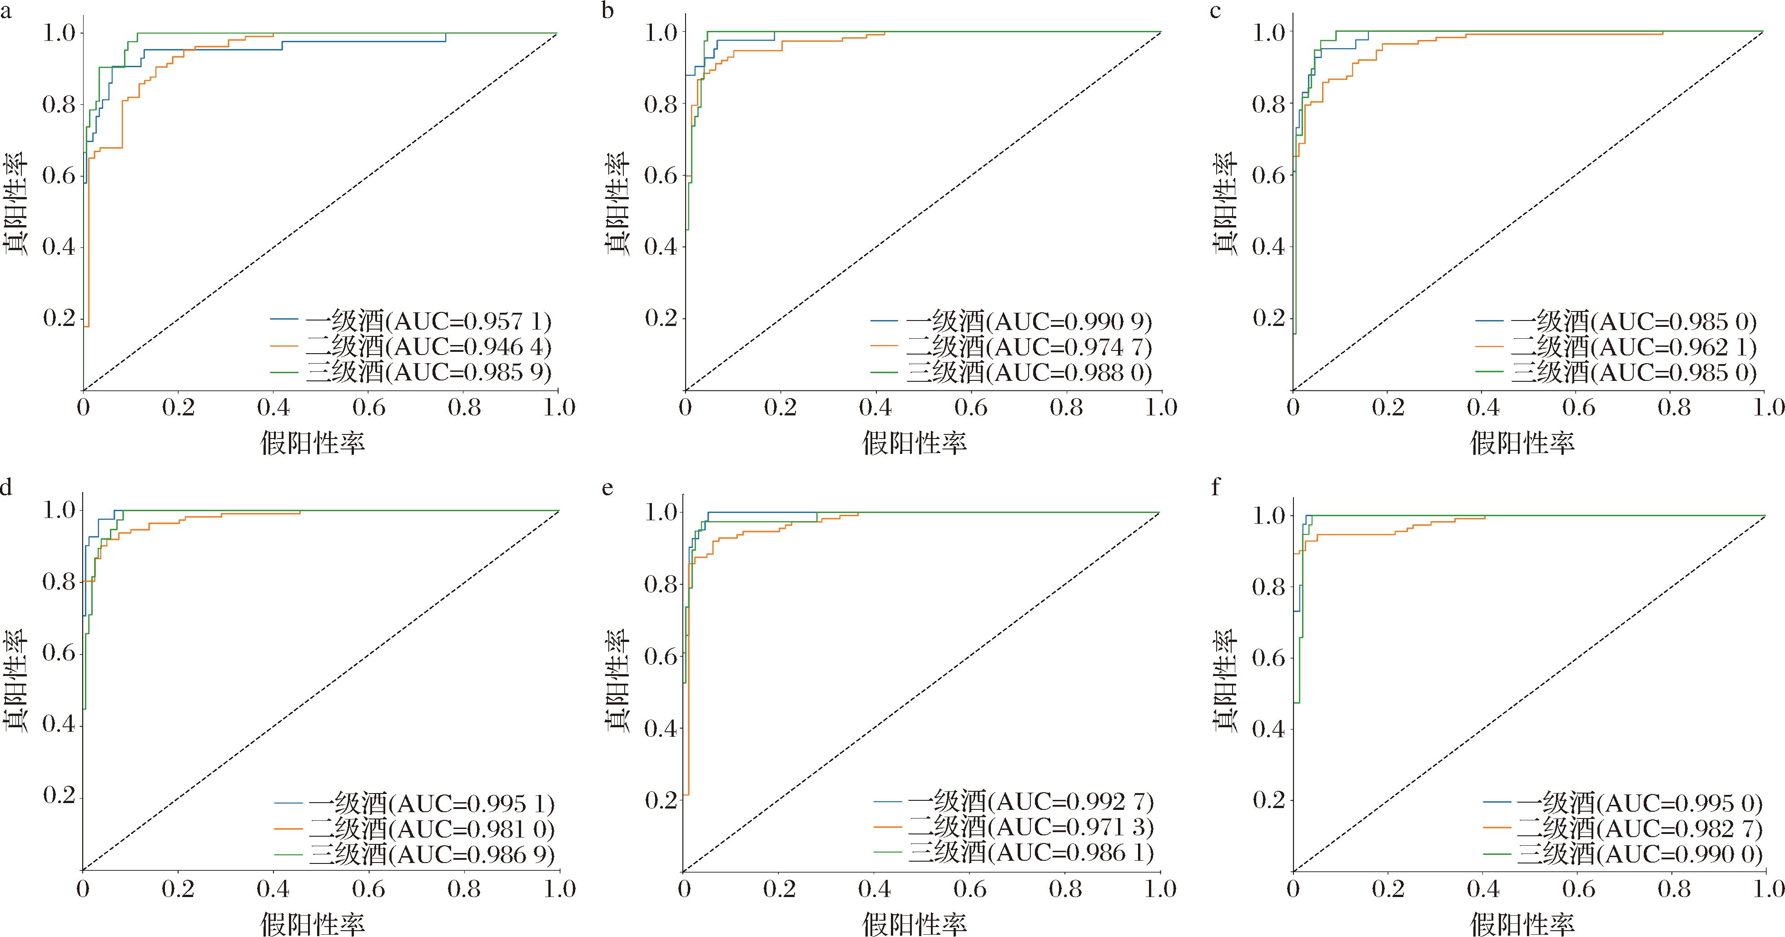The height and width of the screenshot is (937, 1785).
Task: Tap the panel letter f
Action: coord(1215,488)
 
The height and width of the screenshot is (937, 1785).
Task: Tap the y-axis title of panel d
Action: coord(15,681)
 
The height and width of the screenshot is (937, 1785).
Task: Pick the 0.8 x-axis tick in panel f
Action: coord(1674,889)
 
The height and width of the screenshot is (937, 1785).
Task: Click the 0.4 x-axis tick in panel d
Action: coord(273,889)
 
